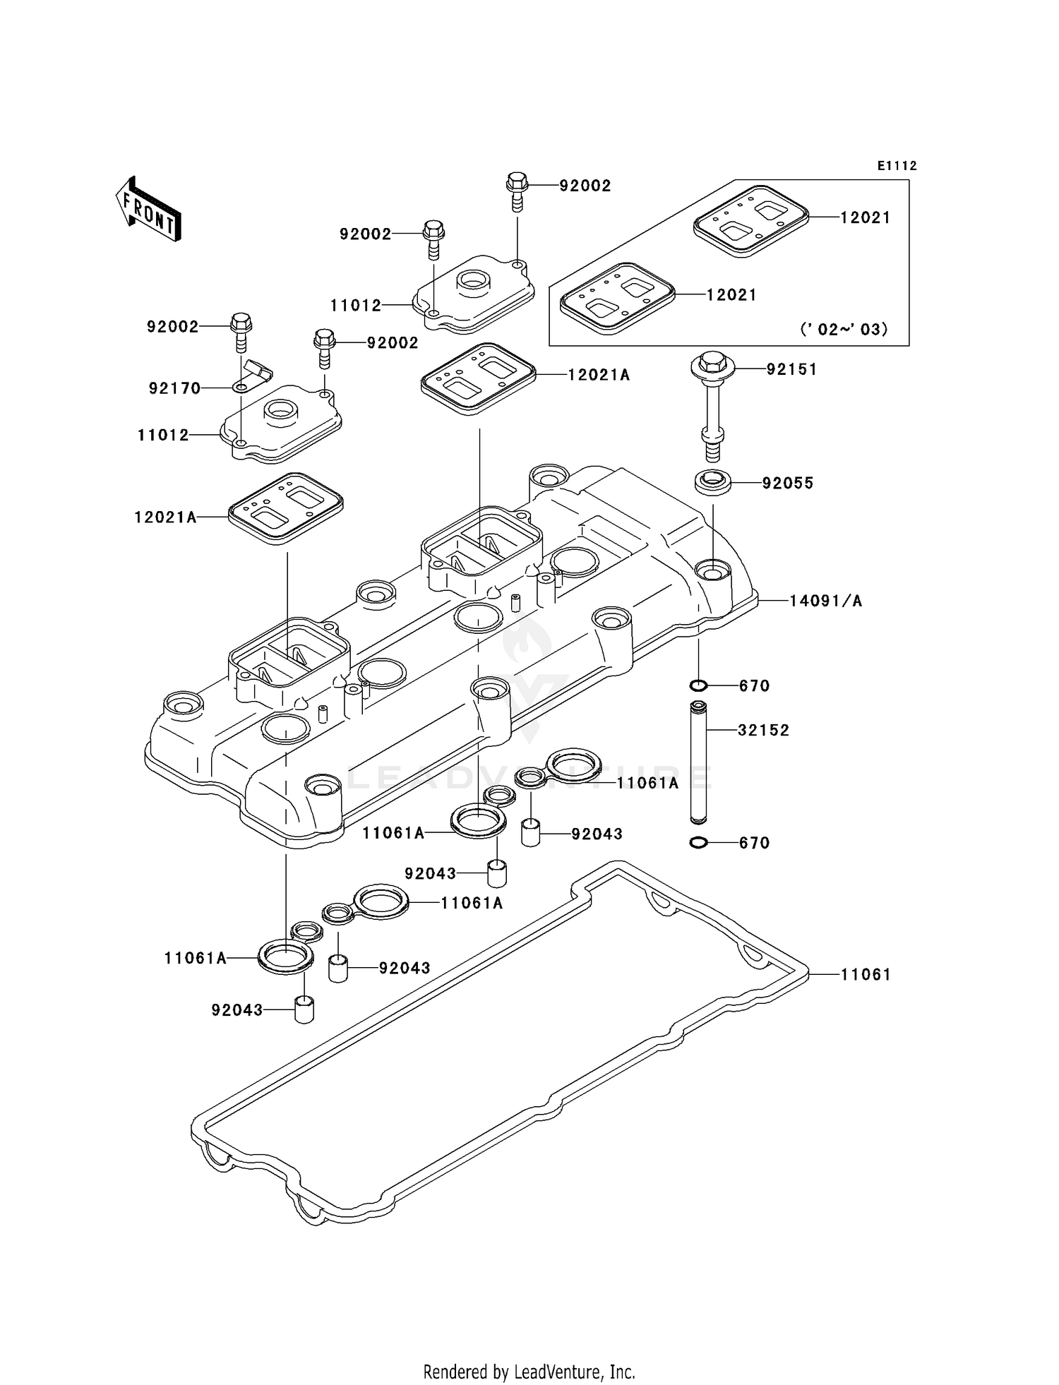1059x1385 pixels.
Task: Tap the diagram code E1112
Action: (897, 166)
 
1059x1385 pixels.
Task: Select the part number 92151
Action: (791, 369)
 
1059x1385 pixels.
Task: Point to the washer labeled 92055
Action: (713, 484)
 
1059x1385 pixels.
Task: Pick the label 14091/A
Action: (825, 601)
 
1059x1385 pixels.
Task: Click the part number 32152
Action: (763, 730)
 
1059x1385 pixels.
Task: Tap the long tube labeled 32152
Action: (698, 762)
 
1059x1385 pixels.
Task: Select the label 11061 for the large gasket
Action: (866, 974)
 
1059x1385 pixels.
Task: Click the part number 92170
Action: (174, 388)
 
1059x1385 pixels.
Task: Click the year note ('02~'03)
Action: (844, 329)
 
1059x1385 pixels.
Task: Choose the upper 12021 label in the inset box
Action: (866, 217)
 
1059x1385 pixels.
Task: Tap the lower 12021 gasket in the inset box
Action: (617, 299)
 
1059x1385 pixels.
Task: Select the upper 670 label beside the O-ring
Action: (754, 685)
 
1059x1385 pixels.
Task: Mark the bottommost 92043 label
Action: (237, 1010)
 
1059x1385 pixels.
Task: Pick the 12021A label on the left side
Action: (165, 517)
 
